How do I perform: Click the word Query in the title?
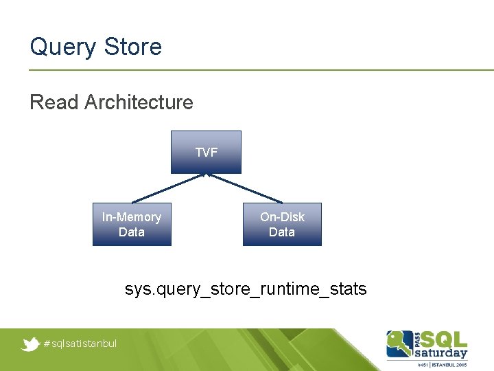[x=64, y=47]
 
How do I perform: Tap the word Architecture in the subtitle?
[x=139, y=102]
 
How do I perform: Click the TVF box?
[x=207, y=152]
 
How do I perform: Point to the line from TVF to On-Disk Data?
[x=244, y=188]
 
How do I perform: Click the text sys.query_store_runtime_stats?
[x=246, y=289]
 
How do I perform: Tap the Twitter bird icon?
[x=30, y=344]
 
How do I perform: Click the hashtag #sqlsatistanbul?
[x=80, y=344]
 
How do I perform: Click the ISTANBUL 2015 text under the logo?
[x=449, y=363]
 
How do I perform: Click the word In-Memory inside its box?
[x=132, y=217]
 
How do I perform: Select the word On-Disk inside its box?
[x=282, y=217]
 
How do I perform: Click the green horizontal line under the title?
[x=261, y=69]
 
